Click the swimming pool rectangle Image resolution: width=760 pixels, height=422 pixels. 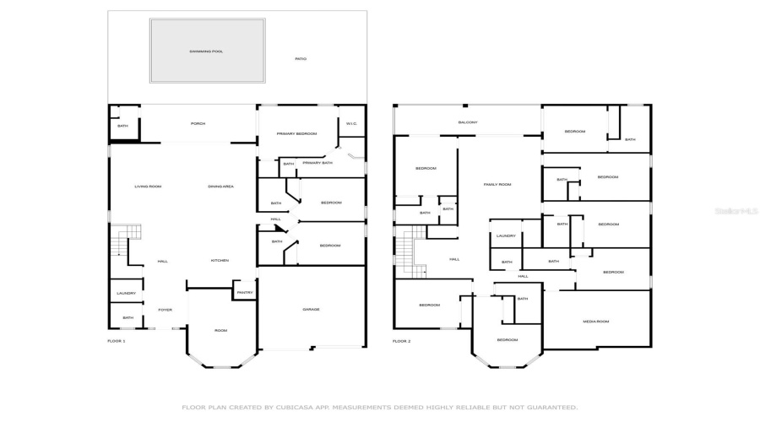[x=206, y=51]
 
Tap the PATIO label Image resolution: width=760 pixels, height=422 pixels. [x=301, y=59]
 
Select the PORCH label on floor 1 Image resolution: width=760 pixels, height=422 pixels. [x=198, y=124]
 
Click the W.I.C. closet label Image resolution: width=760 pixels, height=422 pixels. [x=352, y=124]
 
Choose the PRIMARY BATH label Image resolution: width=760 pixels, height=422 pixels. [x=318, y=163]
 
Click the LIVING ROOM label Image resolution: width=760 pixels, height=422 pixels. [x=148, y=187]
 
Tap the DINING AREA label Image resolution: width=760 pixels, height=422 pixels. [x=221, y=187]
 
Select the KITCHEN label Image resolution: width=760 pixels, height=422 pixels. [x=220, y=261]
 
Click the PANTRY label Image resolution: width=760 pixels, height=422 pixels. [x=245, y=293]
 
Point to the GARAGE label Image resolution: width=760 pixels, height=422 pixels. [x=312, y=310]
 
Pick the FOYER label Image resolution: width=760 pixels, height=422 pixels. [x=165, y=310]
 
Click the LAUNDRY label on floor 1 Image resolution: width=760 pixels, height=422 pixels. [x=126, y=294]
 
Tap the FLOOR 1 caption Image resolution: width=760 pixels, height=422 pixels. [x=117, y=341]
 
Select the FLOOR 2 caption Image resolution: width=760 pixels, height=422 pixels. [x=401, y=341]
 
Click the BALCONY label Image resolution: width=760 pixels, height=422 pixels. [x=468, y=123]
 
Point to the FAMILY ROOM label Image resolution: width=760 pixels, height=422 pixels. [x=497, y=185]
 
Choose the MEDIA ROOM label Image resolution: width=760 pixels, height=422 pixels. [x=596, y=322]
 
